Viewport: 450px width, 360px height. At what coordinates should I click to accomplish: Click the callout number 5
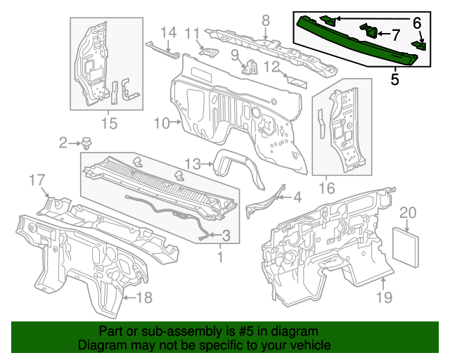394,79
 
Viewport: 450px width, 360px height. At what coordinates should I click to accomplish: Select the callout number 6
417,23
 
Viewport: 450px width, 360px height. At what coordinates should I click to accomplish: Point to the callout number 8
266,20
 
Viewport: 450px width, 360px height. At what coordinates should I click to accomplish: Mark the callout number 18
143,297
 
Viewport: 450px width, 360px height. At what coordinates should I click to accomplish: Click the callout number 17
36,181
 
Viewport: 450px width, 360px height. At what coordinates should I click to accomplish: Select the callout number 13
192,164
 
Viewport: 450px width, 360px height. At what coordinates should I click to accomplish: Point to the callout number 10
162,124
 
